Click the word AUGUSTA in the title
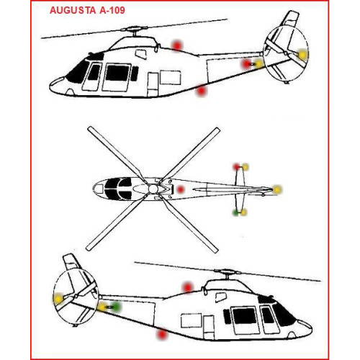(x=73, y=10)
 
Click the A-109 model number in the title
(x=112, y=10)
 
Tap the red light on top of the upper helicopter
(x=177, y=45)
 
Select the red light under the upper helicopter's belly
(x=202, y=91)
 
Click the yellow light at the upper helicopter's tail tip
(x=302, y=55)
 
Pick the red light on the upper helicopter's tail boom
(x=246, y=64)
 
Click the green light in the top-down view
(x=235, y=212)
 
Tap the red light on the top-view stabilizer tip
(x=237, y=166)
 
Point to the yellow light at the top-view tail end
(x=277, y=189)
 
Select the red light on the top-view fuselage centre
(x=181, y=189)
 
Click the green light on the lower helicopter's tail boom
(x=117, y=307)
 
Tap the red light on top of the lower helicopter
(x=188, y=287)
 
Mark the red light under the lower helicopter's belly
(x=162, y=335)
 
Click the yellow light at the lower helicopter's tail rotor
(x=58, y=299)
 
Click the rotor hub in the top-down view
(x=153, y=189)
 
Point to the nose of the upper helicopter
(x=51, y=85)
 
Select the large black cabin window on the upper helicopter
(x=117, y=73)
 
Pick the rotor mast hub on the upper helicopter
(x=134, y=30)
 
